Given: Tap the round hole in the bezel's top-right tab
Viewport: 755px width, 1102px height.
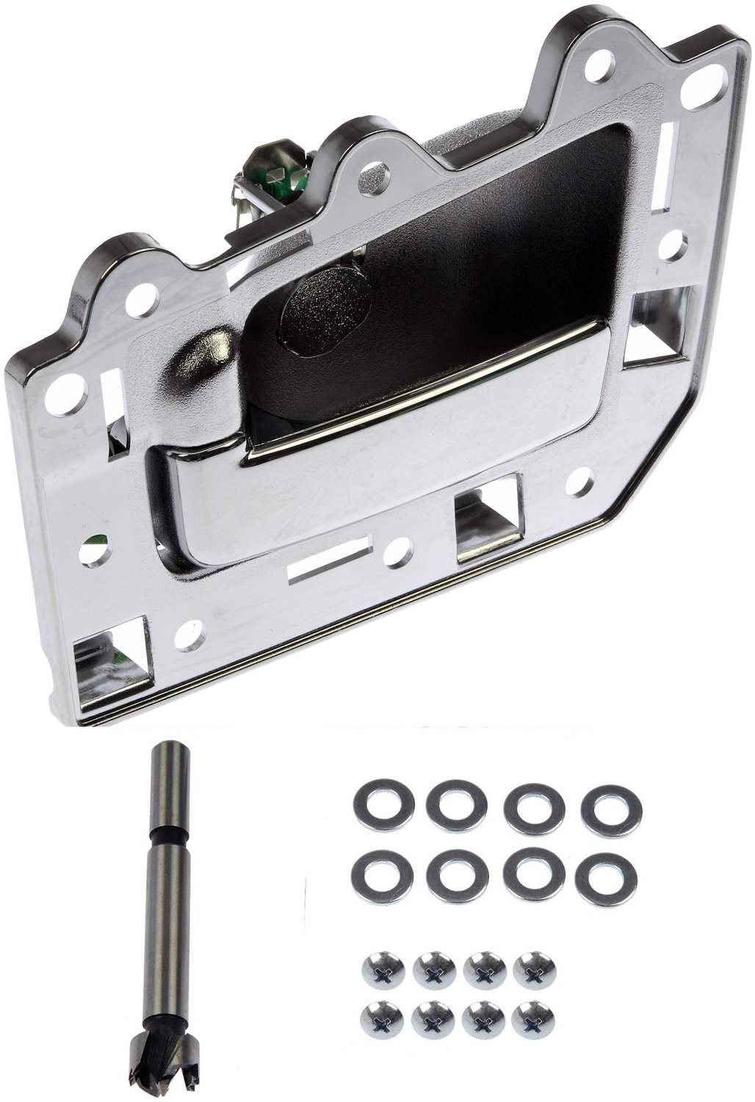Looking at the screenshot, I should (694, 87).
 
